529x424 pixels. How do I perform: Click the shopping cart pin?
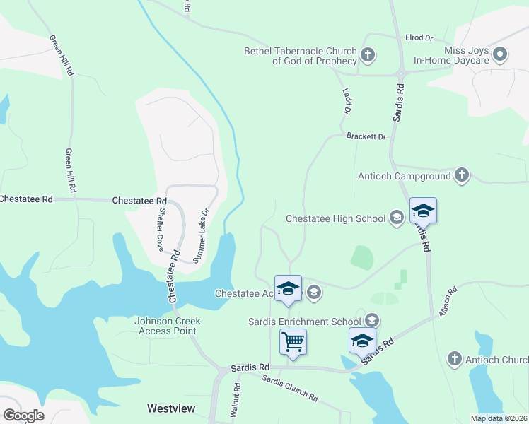point(293,343)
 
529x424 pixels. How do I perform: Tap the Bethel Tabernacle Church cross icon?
point(367,54)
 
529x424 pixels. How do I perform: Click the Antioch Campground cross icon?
point(462,175)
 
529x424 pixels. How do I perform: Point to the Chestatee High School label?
point(335,218)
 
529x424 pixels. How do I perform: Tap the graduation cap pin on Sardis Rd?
point(423,211)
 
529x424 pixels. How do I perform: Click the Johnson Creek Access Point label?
point(168,326)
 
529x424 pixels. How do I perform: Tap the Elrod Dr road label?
point(419,37)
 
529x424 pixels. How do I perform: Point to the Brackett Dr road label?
point(366,136)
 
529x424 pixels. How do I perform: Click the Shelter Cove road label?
point(161,228)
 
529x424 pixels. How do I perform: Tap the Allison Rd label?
point(448,301)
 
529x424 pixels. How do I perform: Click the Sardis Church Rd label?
point(290,388)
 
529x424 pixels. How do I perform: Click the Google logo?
point(23,416)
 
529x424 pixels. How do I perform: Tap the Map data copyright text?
point(499,418)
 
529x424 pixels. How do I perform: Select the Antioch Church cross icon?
point(454,360)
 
